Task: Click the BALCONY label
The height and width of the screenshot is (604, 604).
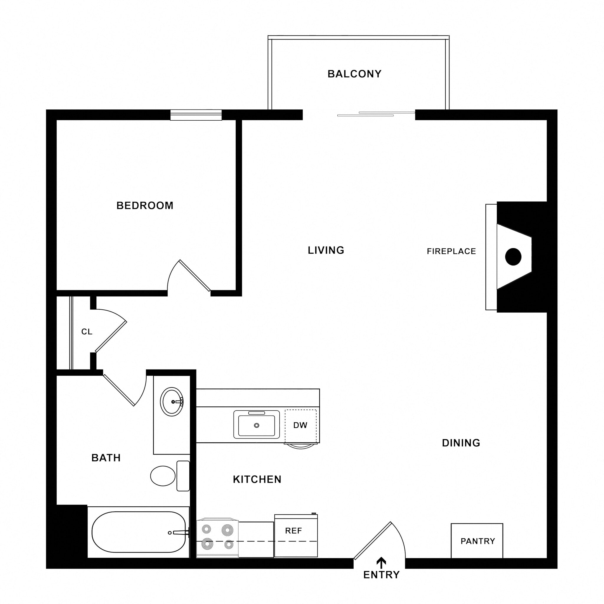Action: [354, 74]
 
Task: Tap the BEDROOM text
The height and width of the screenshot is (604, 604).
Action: [145, 205]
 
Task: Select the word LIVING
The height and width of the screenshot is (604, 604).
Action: [326, 250]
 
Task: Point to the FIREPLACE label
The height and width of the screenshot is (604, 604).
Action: [451, 251]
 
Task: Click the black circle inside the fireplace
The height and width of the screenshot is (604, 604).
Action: [513, 257]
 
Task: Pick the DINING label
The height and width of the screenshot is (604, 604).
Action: [461, 443]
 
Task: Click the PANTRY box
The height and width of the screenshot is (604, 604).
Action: [477, 541]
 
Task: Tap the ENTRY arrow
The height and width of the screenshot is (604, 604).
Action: [381, 563]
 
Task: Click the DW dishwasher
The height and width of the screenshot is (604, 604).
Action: [301, 425]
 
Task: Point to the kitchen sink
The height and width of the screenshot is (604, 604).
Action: [256, 425]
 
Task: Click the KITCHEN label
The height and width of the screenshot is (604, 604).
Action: [257, 479]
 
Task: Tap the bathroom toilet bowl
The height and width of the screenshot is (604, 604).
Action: [163, 476]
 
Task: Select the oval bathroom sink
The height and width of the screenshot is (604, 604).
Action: [172, 402]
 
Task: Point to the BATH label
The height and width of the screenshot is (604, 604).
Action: [106, 458]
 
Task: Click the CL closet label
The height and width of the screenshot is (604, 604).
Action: [87, 332]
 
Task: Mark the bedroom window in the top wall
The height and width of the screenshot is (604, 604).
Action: [196, 115]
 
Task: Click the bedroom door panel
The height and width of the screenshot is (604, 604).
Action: [195, 275]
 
